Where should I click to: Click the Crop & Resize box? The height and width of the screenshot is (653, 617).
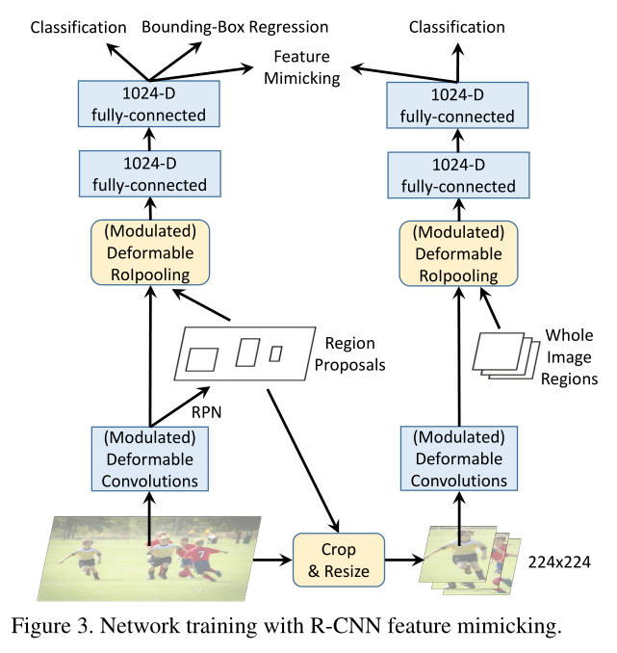338,560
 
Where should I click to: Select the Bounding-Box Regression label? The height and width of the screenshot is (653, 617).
235,26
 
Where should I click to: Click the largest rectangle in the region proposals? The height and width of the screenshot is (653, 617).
201,360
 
